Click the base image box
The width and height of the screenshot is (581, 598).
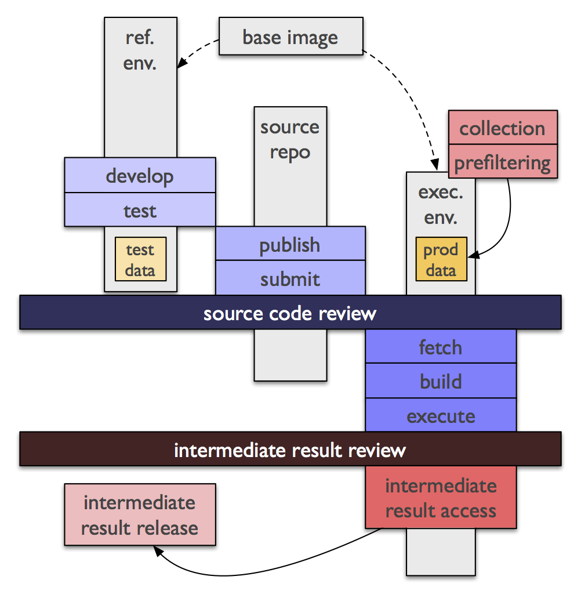click(291, 36)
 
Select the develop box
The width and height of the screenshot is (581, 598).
click(140, 175)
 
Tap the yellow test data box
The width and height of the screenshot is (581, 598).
click(141, 259)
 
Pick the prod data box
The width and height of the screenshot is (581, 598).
click(441, 259)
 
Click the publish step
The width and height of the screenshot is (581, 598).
click(290, 244)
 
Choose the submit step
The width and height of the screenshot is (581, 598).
click(290, 278)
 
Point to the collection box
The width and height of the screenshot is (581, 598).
click(503, 128)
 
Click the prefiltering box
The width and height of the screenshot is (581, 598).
click(503, 161)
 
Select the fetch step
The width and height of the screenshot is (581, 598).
click(441, 346)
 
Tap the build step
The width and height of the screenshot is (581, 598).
click(441, 380)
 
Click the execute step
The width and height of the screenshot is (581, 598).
click(441, 415)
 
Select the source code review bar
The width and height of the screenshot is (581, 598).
click(290, 313)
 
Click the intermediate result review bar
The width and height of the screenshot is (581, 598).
click(290, 449)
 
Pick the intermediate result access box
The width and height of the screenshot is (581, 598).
click(441, 497)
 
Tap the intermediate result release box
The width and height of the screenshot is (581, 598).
click(140, 514)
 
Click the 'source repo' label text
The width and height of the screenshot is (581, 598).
click(290, 140)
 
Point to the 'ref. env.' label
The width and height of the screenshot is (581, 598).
click(140, 50)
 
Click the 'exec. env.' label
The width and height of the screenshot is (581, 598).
click(441, 205)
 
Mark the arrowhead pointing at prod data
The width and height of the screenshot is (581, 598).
click(473, 255)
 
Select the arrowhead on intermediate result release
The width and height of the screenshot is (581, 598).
click(158, 550)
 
